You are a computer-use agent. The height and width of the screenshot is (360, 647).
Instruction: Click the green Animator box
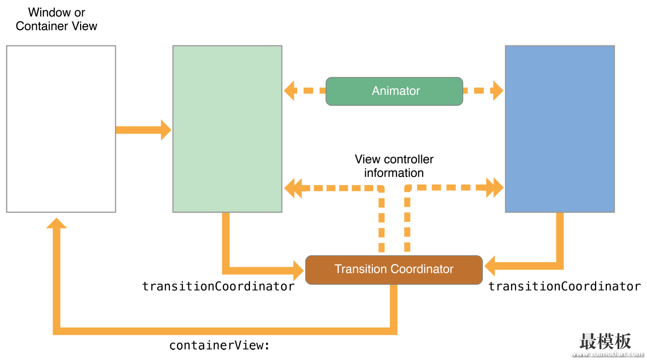[394, 91]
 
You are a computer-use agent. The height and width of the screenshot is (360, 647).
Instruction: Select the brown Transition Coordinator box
[394, 270]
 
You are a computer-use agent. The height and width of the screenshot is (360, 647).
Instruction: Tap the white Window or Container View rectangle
[61, 129]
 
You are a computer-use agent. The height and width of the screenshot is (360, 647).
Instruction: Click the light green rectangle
[227, 129]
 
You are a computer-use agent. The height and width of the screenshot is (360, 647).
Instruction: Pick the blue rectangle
[560, 129]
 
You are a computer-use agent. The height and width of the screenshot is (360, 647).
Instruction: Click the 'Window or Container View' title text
[56, 19]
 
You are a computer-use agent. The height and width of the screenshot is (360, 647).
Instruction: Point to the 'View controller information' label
[394, 166]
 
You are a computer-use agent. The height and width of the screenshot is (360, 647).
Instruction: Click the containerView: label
[219, 345]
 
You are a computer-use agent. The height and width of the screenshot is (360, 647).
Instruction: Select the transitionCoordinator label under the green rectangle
[218, 286]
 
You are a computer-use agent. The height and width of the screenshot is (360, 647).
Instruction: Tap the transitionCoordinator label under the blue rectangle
[564, 286]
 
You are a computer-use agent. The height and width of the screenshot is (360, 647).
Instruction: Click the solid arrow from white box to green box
[144, 130]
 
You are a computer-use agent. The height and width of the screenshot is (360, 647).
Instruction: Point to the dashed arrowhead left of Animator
[291, 91]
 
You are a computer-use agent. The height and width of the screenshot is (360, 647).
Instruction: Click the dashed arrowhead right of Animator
[498, 91]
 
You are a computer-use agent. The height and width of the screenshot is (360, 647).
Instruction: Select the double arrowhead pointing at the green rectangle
[293, 188]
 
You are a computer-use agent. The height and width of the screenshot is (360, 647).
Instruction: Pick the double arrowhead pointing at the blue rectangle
[495, 188]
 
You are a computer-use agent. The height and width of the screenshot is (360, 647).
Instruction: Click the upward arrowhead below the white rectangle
[56, 223]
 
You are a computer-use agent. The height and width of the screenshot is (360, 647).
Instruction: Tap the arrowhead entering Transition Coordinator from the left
[298, 271]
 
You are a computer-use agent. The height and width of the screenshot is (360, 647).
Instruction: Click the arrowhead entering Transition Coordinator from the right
[490, 266]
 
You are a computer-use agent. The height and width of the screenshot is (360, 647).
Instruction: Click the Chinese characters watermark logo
[605, 341]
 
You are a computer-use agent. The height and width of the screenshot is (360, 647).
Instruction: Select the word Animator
[396, 91]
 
